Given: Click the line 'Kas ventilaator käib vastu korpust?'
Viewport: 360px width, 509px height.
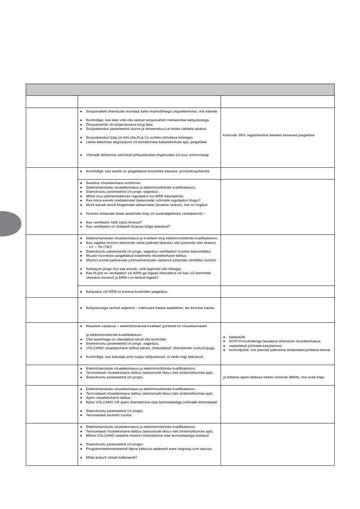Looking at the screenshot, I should pos(114,222).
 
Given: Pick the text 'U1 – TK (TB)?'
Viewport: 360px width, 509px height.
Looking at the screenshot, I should pos(99,247).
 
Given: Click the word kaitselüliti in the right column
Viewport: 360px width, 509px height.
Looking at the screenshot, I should pos(237,337).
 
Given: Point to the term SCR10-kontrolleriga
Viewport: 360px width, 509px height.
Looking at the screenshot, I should pos(245,341).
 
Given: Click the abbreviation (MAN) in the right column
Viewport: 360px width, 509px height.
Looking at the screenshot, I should pos(293,377).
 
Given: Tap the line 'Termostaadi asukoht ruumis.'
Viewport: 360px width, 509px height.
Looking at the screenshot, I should pos(109,415).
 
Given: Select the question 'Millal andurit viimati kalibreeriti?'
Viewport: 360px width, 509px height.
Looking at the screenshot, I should pos(111,457).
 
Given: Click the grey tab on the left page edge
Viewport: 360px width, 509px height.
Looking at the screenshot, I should pos(9,224).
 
